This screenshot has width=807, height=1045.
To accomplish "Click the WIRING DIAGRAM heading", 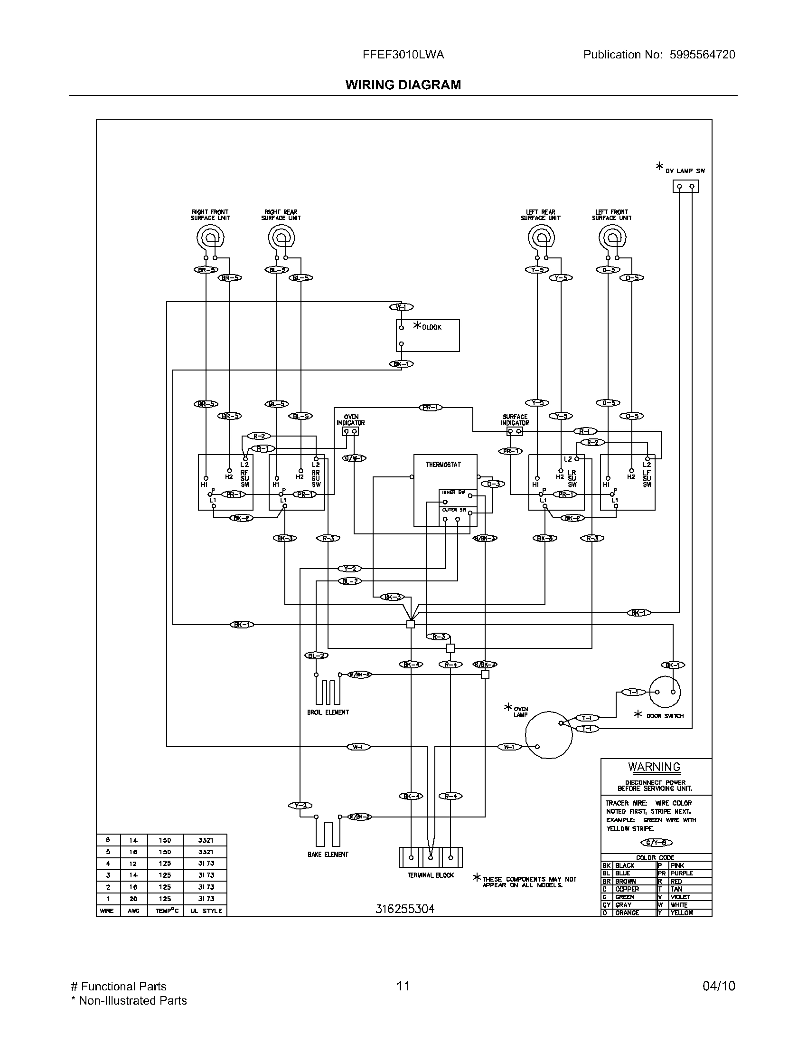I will [403, 85].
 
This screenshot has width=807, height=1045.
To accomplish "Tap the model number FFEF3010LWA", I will [403, 55].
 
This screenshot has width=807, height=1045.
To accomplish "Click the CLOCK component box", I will [428, 336].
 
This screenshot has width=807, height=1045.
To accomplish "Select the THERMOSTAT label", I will [443, 465].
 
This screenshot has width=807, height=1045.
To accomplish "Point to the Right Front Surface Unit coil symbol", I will [210, 237].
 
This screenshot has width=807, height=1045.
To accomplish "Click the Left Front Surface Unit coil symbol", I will [612, 237].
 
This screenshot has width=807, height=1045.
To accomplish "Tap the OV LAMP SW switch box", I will [685, 186].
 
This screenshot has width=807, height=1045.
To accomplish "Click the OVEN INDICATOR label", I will [351, 419].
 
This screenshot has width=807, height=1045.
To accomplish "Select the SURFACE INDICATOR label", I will [515, 419].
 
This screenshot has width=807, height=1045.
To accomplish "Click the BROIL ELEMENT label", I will [328, 712].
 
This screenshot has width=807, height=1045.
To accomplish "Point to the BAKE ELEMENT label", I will [328, 854].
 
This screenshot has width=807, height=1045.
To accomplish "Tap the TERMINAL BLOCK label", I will [431, 875].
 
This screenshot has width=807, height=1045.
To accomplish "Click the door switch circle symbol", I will [665, 692].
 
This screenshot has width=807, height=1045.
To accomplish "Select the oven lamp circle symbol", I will [548, 734].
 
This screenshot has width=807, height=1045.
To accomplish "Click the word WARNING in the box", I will [654, 767].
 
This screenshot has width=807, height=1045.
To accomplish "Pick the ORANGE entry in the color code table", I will [627, 912].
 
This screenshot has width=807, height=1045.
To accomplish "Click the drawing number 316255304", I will [405, 909].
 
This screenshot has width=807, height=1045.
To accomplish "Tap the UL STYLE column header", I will [206, 911].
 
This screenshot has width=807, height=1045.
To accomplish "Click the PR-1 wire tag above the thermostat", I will [431, 407].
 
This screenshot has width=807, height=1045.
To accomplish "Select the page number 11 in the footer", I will [403, 986].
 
